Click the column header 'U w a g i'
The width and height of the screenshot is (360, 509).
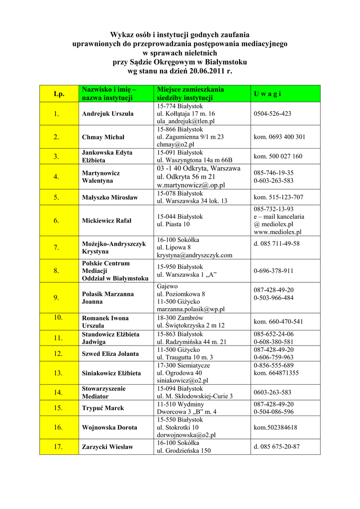268,93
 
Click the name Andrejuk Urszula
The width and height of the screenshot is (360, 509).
107,114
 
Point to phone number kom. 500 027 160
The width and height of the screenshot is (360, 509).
278,157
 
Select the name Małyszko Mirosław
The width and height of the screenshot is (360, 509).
110,197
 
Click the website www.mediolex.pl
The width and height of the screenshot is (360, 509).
277,232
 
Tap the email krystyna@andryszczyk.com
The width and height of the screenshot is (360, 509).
194,255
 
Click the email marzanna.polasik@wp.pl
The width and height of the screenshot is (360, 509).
191,309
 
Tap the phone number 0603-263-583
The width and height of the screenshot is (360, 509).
272,392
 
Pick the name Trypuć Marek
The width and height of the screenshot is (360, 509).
103,408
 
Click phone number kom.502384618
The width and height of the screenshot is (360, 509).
275,427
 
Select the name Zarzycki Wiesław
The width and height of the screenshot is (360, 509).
107,447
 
